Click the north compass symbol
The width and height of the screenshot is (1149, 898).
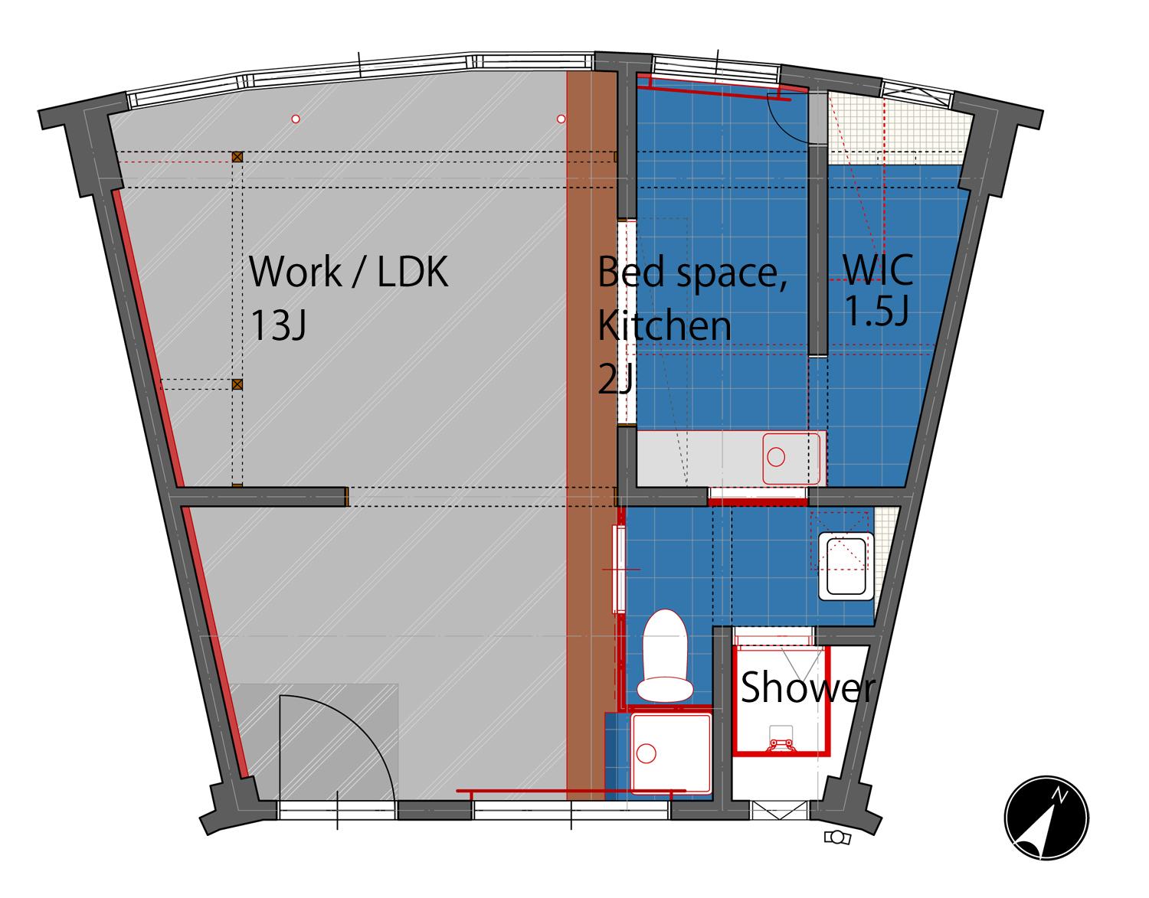(x=1046, y=817)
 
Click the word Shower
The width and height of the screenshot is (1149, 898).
(x=808, y=687)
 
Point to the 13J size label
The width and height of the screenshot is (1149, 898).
(x=277, y=325)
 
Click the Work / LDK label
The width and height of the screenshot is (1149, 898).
(x=349, y=272)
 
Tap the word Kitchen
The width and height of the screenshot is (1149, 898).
(x=664, y=325)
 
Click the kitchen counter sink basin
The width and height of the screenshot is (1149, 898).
(x=791, y=459)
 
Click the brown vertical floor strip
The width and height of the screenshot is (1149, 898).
(x=586, y=436)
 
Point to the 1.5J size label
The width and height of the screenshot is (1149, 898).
(x=877, y=311)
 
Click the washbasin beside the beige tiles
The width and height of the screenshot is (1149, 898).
(x=846, y=567)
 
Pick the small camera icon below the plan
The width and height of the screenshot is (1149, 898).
(x=837, y=838)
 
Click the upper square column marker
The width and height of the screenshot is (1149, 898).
(x=237, y=157)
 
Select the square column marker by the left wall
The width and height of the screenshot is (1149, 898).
(x=237, y=384)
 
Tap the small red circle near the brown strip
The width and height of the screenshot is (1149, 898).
(x=561, y=119)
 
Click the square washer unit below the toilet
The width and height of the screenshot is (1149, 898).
(x=671, y=753)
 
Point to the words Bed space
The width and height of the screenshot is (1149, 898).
(x=692, y=273)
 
